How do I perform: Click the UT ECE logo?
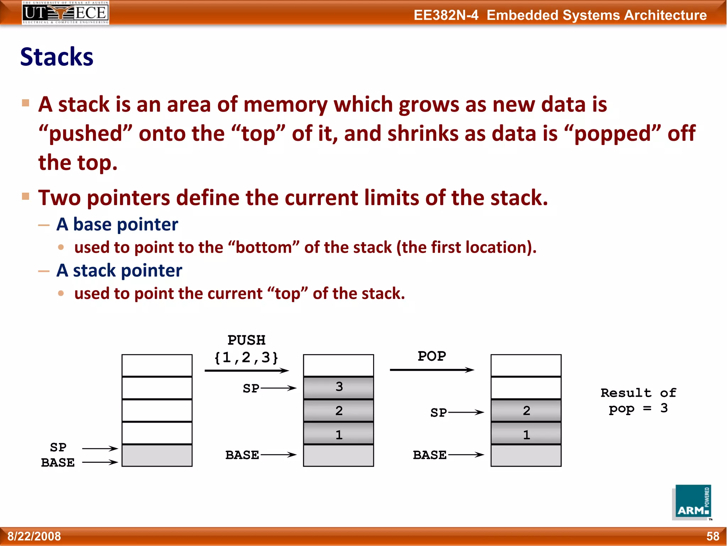click(65, 13)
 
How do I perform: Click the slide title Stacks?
click(57, 57)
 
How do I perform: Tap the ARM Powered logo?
click(692, 502)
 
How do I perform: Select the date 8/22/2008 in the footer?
click(34, 536)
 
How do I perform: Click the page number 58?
click(712, 536)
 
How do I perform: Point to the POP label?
click(432, 356)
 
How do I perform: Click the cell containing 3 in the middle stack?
click(339, 387)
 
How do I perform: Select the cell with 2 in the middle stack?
click(339, 411)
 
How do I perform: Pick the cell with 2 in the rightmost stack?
click(526, 411)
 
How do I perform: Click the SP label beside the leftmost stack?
click(58, 447)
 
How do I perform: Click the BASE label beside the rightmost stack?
click(430, 455)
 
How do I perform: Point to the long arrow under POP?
click(432, 370)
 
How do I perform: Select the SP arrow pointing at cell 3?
click(278, 388)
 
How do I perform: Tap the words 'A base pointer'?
click(117, 225)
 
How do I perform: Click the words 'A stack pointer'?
click(119, 271)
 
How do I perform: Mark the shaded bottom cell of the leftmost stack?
click(157, 455)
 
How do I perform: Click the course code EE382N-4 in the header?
click(446, 15)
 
